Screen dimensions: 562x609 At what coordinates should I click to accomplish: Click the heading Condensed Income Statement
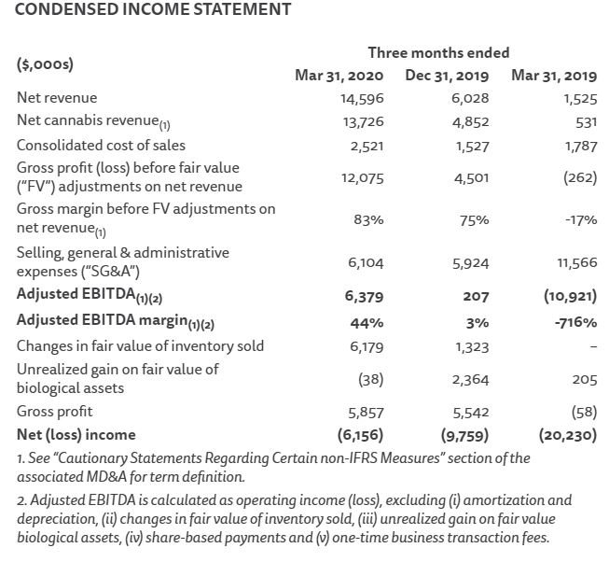coord(154,10)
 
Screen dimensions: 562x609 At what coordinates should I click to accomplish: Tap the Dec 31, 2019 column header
coord(446,76)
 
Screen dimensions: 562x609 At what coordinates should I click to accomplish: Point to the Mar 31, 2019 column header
coord(554,76)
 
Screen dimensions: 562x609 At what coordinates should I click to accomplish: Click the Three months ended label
coord(438,52)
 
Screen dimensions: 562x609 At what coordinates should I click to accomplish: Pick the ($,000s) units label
coord(45,64)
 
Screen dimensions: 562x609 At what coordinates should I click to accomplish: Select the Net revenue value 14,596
coord(362,98)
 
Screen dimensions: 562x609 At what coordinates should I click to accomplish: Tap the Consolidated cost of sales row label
coord(101,145)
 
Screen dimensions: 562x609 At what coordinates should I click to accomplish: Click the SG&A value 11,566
coord(577,263)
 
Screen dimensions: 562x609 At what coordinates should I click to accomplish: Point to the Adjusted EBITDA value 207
coord(477,298)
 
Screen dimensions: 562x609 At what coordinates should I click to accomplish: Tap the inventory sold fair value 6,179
coord(365,346)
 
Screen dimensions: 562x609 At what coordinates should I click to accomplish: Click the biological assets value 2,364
coord(470,379)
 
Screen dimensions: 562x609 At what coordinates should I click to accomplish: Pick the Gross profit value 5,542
coord(470,412)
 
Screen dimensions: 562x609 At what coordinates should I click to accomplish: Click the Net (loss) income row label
coord(76,434)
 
